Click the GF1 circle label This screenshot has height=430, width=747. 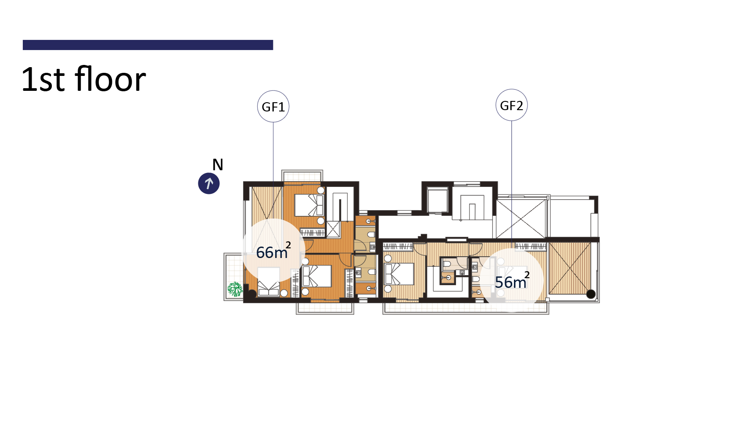[x=273, y=106]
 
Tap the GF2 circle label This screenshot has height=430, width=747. [x=512, y=105]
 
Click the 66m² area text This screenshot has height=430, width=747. [x=273, y=251]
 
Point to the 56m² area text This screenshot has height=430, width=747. [x=512, y=281]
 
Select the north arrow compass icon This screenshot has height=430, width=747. [x=209, y=183]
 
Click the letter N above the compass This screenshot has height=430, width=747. [x=218, y=165]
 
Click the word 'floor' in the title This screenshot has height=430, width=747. [x=111, y=79]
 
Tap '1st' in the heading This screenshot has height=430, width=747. [x=43, y=79]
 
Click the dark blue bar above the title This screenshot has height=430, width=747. [x=148, y=45]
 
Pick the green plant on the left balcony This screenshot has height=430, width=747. [x=235, y=289]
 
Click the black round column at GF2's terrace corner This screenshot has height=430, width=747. [x=591, y=294]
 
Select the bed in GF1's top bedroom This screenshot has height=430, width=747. [x=309, y=205]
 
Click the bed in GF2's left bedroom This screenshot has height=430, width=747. [x=399, y=274]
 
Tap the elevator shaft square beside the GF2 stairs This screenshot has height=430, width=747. [x=438, y=201]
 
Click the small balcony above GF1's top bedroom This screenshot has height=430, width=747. [x=302, y=176]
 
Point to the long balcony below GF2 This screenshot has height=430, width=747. [x=466, y=308]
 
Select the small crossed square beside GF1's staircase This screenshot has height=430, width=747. [x=333, y=229]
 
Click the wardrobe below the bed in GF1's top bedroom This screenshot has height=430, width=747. [x=312, y=233]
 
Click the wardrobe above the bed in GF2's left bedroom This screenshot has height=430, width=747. [x=398, y=247]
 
